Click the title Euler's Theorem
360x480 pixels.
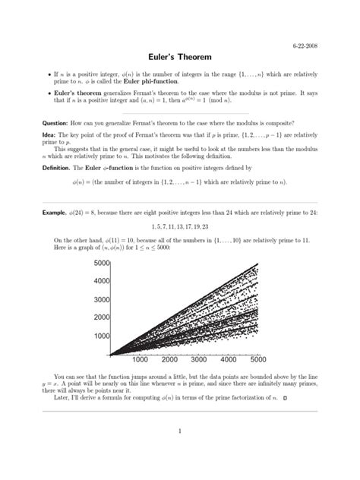[x=180, y=58]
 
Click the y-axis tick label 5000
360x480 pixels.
[x=102, y=263]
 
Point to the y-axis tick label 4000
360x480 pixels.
[x=102, y=281]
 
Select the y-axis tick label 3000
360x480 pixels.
[x=102, y=299]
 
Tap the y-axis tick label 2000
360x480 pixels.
[x=102, y=317]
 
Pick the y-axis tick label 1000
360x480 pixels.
[x=102, y=336]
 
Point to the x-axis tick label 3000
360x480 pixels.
[x=199, y=360]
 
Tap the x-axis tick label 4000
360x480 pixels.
[x=229, y=360]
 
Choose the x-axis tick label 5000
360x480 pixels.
[x=257, y=360]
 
